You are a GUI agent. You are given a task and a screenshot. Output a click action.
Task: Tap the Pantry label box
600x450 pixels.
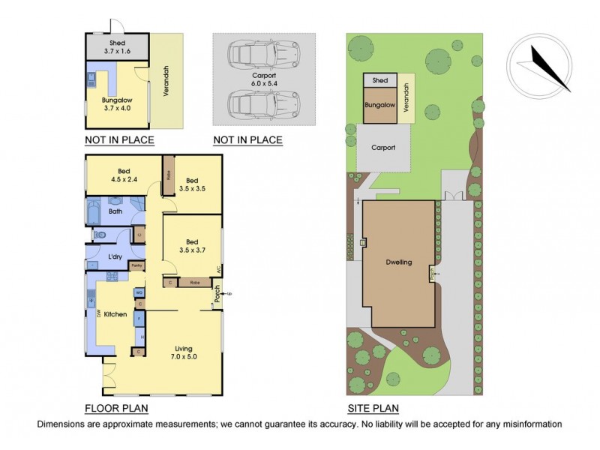click(x=137, y=265)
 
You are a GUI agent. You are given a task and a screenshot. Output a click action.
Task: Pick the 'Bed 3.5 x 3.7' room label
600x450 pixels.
click(x=192, y=245)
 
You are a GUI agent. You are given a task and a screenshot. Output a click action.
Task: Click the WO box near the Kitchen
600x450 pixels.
click(x=139, y=292)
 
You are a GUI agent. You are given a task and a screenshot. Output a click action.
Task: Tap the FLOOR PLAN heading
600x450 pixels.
click(x=116, y=409)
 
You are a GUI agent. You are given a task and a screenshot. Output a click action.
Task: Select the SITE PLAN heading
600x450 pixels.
click(x=373, y=409)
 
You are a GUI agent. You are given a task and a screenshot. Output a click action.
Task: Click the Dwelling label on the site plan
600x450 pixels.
click(x=399, y=262)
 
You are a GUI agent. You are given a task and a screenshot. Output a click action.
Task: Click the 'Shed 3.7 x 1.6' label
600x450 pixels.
click(x=118, y=47)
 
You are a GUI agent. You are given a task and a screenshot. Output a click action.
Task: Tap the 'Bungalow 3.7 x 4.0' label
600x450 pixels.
click(x=116, y=103)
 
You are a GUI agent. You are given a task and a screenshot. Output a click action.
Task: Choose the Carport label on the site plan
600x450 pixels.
click(x=383, y=148)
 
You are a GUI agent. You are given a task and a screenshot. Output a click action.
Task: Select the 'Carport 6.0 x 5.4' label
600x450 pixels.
click(x=247, y=79)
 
